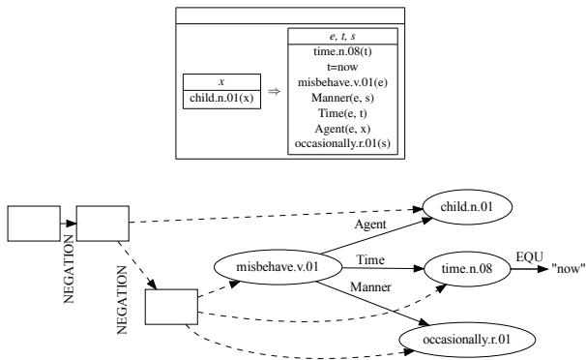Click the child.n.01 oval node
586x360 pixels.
[x=465, y=206]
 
